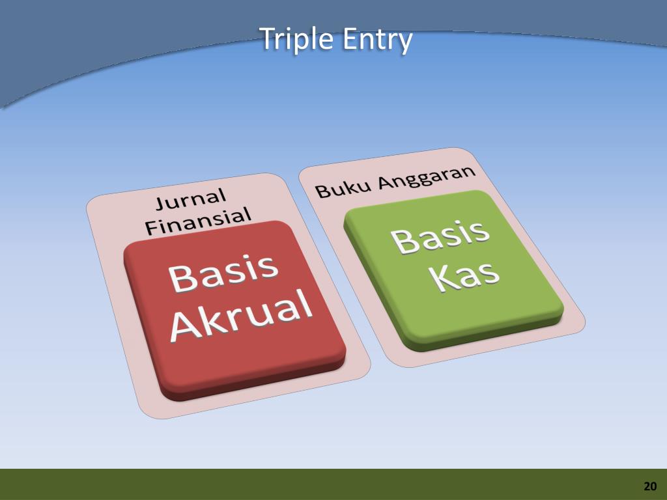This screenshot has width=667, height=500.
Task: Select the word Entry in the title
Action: click(x=378, y=40)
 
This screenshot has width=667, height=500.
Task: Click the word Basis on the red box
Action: click(x=223, y=273)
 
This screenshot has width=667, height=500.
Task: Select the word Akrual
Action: click(x=241, y=315)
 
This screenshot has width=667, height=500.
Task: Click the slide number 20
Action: click(x=650, y=486)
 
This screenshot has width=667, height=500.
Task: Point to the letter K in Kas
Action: click(x=445, y=279)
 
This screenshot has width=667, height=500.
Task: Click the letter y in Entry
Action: click(x=405, y=43)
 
